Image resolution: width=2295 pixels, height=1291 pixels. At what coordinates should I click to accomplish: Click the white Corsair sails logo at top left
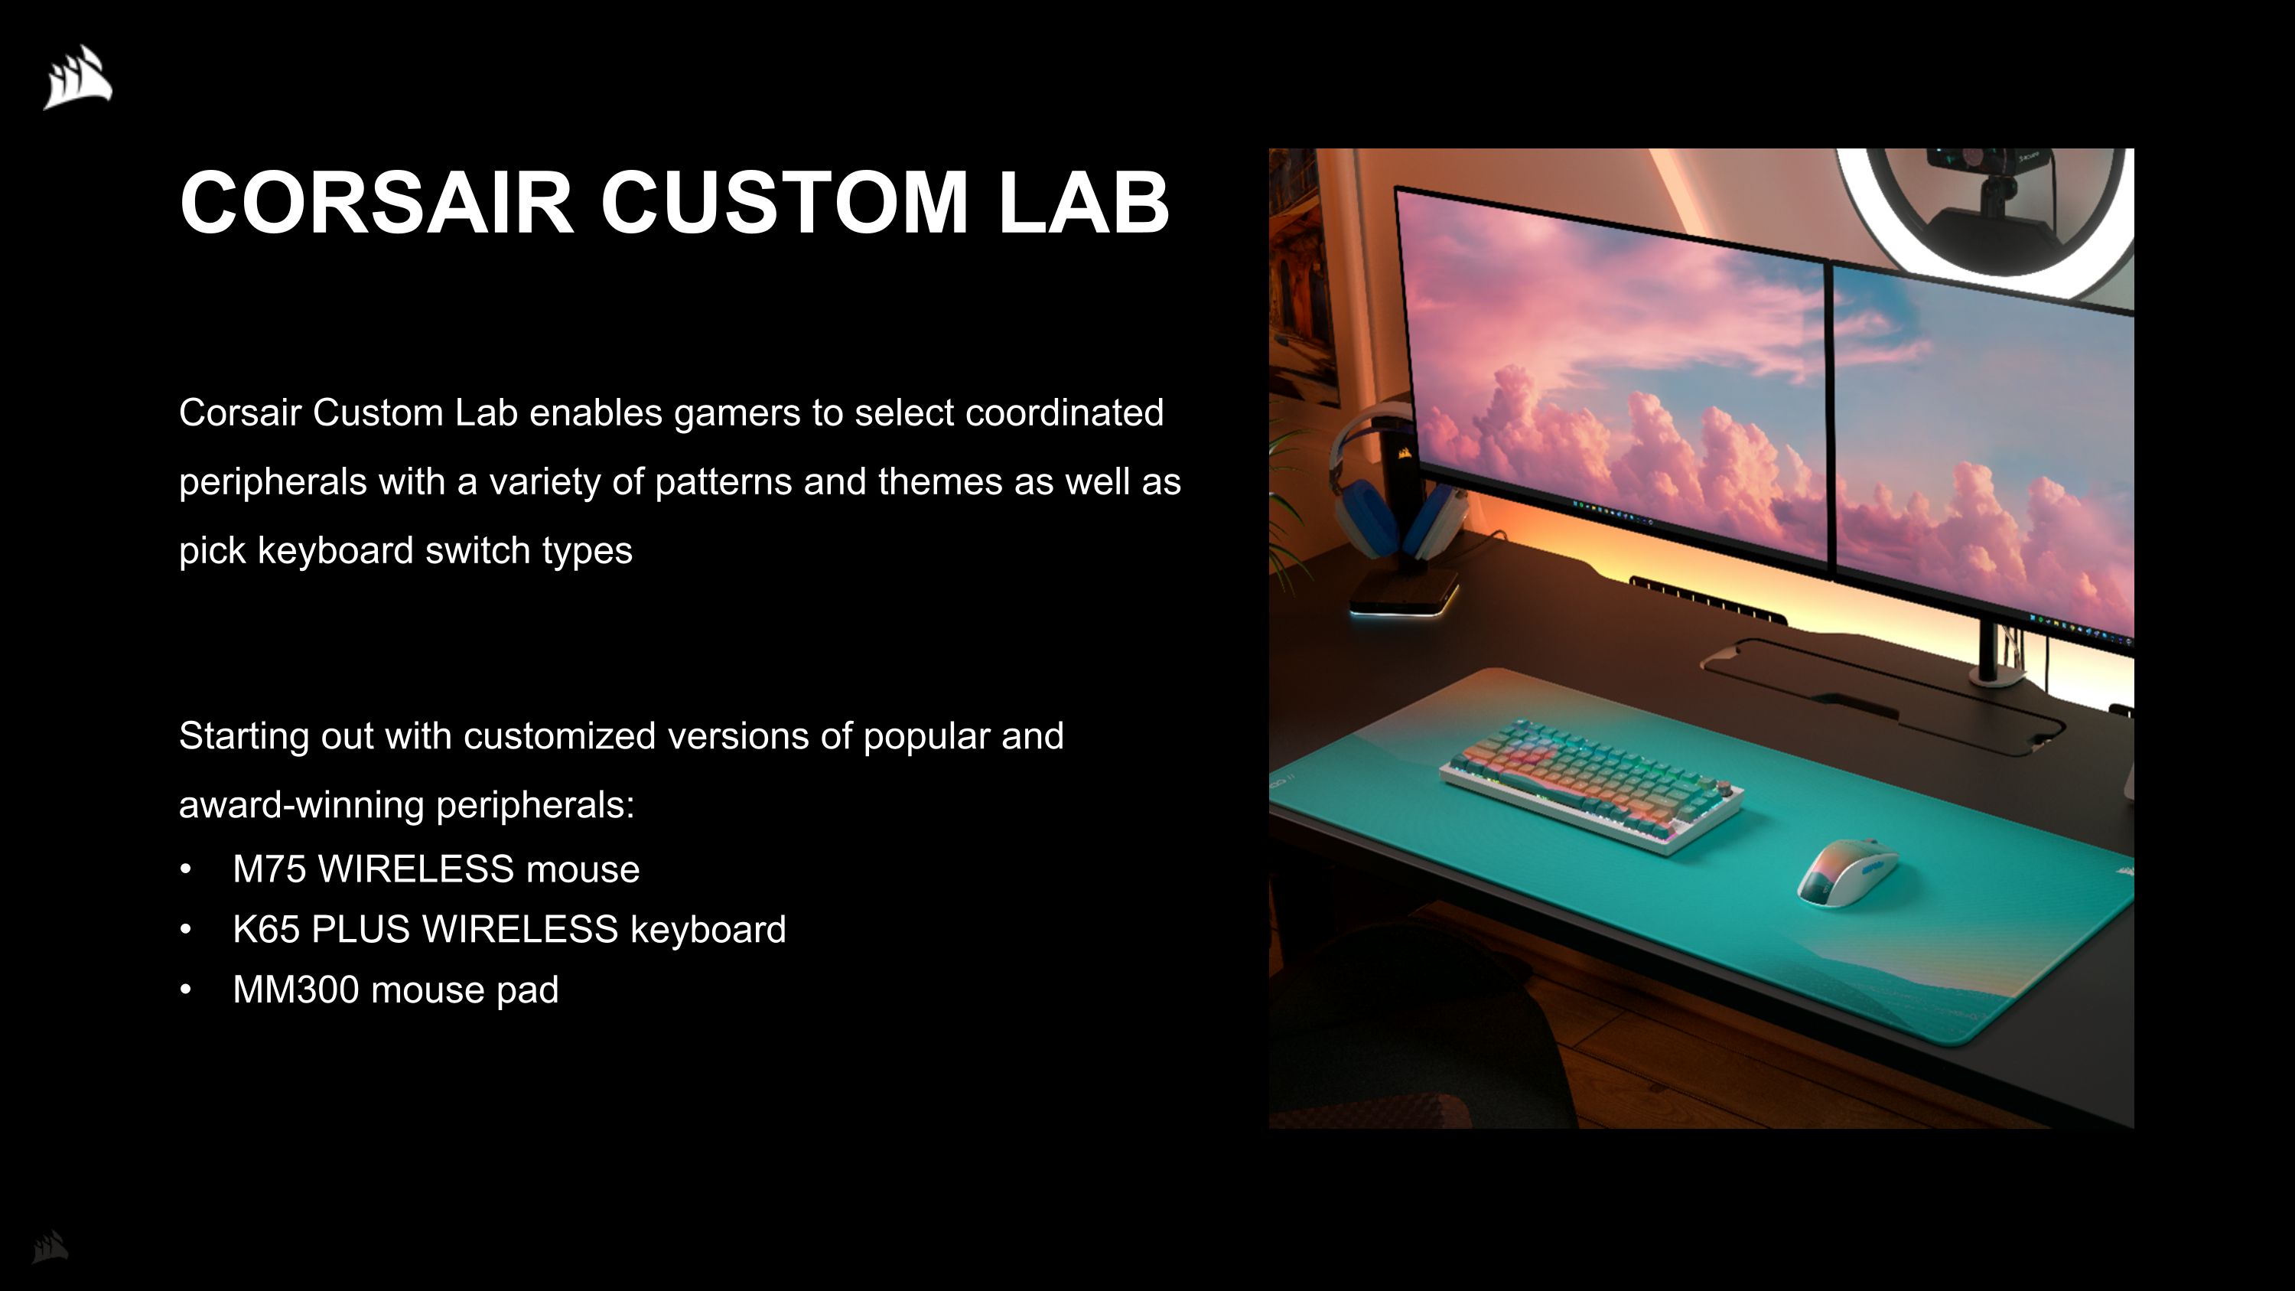pyautogui.click(x=78, y=77)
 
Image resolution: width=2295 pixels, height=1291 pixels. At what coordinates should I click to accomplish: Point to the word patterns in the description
pyautogui.click(x=722, y=483)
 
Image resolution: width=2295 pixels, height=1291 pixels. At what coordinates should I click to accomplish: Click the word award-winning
pyautogui.click(x=301, y=805)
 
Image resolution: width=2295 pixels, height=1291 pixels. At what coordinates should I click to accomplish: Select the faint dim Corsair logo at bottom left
pyautogui.click(x=50, y=1247)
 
